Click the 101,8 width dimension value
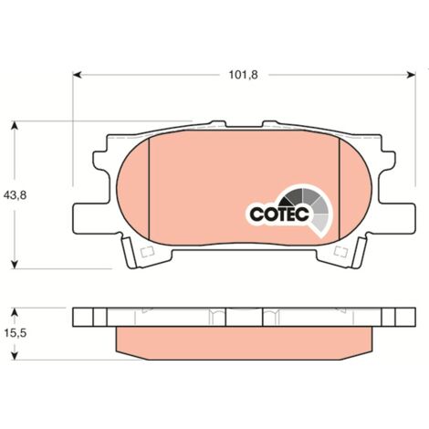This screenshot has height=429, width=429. pyautogui.click(x=243, y=75)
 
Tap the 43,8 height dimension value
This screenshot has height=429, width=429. pyautogui.click(x=15, y=195)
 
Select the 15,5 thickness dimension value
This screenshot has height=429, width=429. pyautogui.click(x=16, y=333)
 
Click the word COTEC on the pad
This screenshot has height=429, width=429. pyautogui.click(x=279, y=214)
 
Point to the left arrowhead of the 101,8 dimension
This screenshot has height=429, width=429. pyautogui.click(x=78, y=75)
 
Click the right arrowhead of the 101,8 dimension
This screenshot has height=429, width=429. pyautogui.click(x=412, y=75)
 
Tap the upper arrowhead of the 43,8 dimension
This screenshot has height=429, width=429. pyautogui.click(x=15, y=125)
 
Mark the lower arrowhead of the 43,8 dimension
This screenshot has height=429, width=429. pyautogui.click(x=15, y=265)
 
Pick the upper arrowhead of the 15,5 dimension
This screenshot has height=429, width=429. pyautogui.click(x=15, y=311)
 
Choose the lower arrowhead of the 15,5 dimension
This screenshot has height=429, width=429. pyautogui.click(x=15, y=356)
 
